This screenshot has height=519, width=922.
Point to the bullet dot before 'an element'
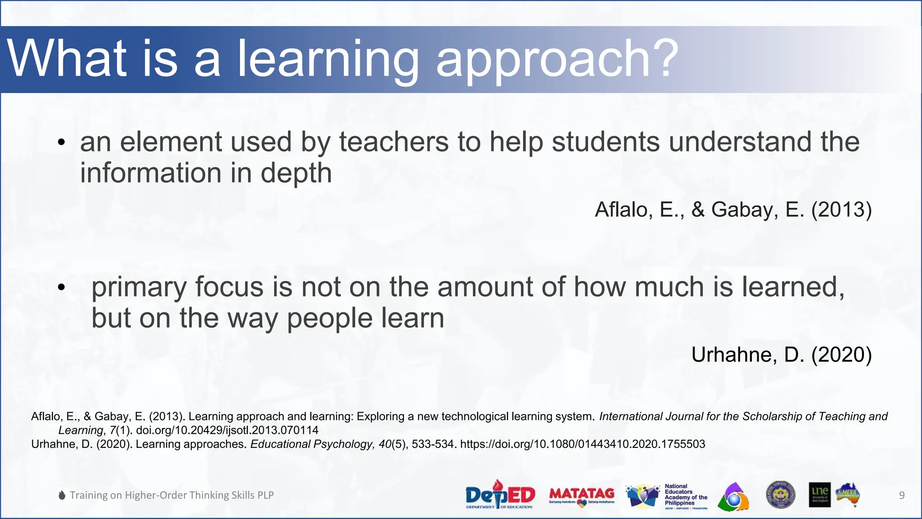click(x=62, y=143)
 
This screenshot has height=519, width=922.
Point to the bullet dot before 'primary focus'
click(x=62, y=287)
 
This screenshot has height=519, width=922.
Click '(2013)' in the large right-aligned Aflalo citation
click(x=841, y=210)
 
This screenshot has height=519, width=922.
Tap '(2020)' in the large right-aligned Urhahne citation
click(x=841, y=355)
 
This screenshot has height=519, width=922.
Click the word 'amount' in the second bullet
click(x=485, y=287)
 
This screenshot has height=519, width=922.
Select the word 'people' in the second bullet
click(x=330, y=318)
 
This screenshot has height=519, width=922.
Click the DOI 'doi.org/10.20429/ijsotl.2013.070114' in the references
click(x=227, y=430)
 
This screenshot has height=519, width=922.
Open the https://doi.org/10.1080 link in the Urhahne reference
click(x=583, y=444)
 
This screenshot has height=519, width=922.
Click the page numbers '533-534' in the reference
click(x=432, y=444)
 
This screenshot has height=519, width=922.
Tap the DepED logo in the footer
click(x=500, y=495)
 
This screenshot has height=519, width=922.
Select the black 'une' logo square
click(x=819, y=495)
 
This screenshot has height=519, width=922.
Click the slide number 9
click(x=902, y=496)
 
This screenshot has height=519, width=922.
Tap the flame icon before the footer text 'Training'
click(x=62, y=495)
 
